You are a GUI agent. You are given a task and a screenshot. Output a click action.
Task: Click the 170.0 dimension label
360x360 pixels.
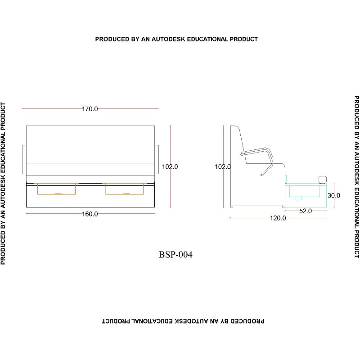90,109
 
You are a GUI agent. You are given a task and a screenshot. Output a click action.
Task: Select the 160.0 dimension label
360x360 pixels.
90,214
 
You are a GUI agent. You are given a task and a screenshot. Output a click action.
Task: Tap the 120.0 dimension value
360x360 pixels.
278,218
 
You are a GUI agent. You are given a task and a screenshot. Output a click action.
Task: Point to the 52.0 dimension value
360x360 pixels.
306,211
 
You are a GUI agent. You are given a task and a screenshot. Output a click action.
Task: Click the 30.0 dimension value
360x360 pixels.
334,196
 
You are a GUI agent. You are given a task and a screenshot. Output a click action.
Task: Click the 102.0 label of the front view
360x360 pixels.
170,166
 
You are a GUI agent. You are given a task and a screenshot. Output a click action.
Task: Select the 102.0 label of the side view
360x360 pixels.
223,166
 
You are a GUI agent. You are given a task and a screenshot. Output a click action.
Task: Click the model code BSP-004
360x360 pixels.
175,255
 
